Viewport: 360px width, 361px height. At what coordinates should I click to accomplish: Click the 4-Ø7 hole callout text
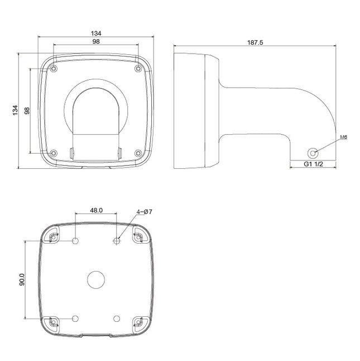[143, 212]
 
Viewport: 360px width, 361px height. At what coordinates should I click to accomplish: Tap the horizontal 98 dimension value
[95, 42]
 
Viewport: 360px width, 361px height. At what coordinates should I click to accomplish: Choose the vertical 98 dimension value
[26, 111]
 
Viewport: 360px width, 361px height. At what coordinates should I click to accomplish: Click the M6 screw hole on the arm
[313, 151]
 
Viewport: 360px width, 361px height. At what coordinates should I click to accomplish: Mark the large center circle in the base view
[96, 279]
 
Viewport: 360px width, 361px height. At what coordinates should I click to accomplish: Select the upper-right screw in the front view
[138, 68]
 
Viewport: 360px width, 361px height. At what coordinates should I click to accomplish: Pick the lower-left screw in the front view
[53, 153]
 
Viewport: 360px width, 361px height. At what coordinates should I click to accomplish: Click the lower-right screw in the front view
[138, 153]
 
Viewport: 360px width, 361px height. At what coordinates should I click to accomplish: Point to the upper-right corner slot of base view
[137, 237]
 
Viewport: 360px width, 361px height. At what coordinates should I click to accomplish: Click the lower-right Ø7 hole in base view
[117, 318]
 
